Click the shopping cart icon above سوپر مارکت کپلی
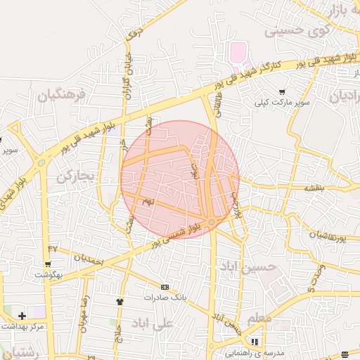click(x=282, y=91)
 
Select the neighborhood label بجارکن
click(x=75, y=176)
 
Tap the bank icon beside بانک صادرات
click(x=165, y=287)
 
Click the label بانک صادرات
click(x=168, y=297)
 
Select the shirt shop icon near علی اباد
click(x=120, y=301)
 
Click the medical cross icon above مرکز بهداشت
click(x=22, y=316)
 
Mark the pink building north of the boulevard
click(x=240, y=51)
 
